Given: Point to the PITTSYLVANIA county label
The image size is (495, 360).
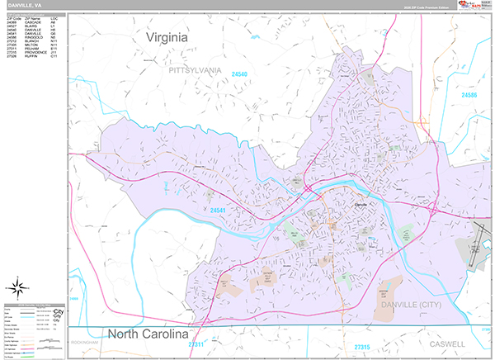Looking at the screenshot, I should [x=195, y=71].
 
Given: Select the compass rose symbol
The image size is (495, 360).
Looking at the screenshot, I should [x=16, y=288].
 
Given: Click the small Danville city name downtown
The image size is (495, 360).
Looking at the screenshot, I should [x=361, y=204].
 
